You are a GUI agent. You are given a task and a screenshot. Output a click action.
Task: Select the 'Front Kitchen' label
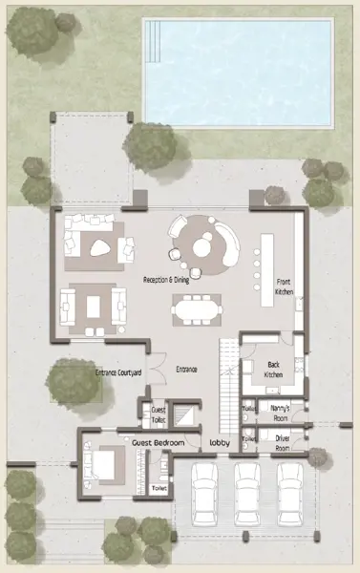tap(285, 286)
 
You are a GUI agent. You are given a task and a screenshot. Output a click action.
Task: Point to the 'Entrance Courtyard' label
tap(118, 371)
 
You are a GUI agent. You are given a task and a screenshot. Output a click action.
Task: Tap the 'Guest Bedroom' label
tap(158, 443)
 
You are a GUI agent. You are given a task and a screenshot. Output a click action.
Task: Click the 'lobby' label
tap(221, 443)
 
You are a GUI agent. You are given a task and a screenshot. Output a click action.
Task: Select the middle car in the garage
tap(247, 494)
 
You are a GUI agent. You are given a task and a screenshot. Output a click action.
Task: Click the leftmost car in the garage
tap(205, 494)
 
